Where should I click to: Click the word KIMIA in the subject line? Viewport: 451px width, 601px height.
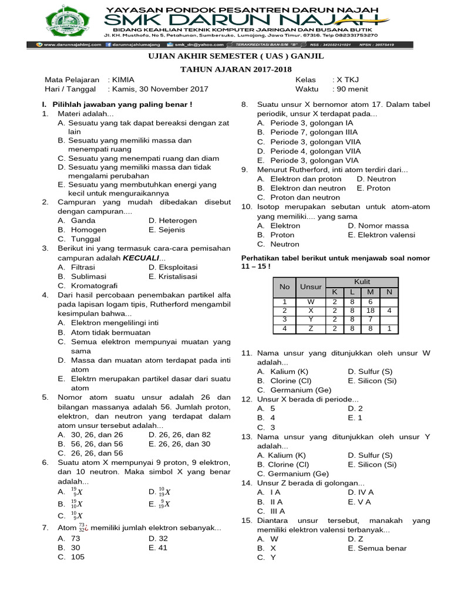point(122,80)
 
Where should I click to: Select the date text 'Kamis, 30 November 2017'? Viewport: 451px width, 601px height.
point(158,89)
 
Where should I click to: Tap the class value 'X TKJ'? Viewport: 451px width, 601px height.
point(346,80)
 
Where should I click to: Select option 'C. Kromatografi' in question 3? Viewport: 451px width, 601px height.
point(87,285)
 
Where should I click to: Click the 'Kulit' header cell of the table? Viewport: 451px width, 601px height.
point(362,282)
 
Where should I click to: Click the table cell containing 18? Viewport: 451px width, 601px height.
point(371,310)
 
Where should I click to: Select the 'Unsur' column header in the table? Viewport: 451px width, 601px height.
point(311,287)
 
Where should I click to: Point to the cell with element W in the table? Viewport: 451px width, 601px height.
point(311,302)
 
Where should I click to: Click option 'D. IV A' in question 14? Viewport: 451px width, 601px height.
point(361,492)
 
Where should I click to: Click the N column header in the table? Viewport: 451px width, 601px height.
point(389,292)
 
